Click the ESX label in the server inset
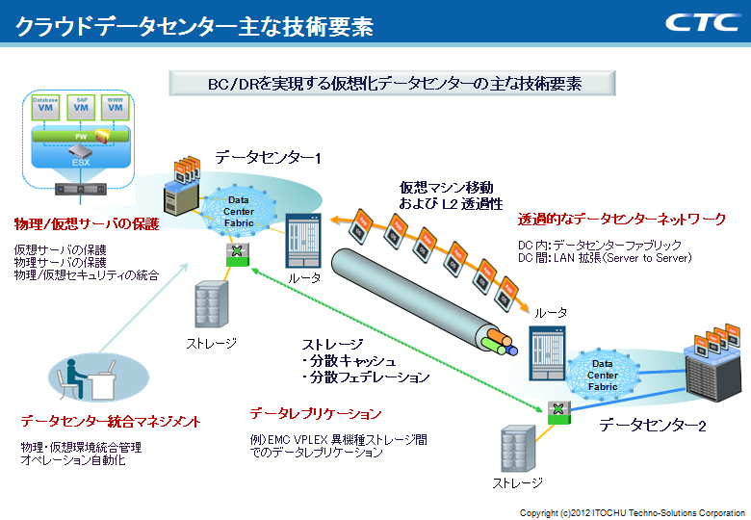pos(81,161)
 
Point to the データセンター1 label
pos(267,156)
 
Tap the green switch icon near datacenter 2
pos(555,411)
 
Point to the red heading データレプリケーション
pos(316,414)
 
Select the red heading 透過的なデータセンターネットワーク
pos(621,220)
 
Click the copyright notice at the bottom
pos(633,511)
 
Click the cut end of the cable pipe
pos(499,339)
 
